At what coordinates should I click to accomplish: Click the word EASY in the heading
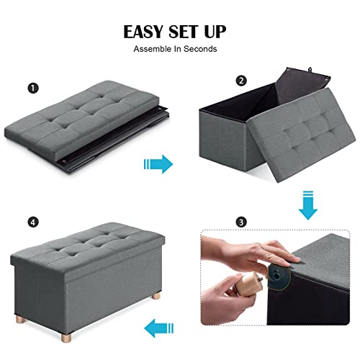143,32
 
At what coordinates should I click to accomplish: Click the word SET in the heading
183,32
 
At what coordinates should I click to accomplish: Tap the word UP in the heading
215,32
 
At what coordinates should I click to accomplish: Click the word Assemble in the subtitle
152,49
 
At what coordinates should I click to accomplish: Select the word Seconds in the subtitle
200,49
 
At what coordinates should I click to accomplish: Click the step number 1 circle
33,88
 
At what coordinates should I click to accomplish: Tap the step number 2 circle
241,81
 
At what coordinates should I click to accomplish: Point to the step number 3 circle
241,222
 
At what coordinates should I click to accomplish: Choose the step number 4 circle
33,222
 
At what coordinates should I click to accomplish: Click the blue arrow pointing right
158,164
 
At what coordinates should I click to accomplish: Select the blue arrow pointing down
308,205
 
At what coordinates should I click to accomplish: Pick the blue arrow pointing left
158,328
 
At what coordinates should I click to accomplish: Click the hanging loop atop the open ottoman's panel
310,70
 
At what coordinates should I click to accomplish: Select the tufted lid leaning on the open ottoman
301,135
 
